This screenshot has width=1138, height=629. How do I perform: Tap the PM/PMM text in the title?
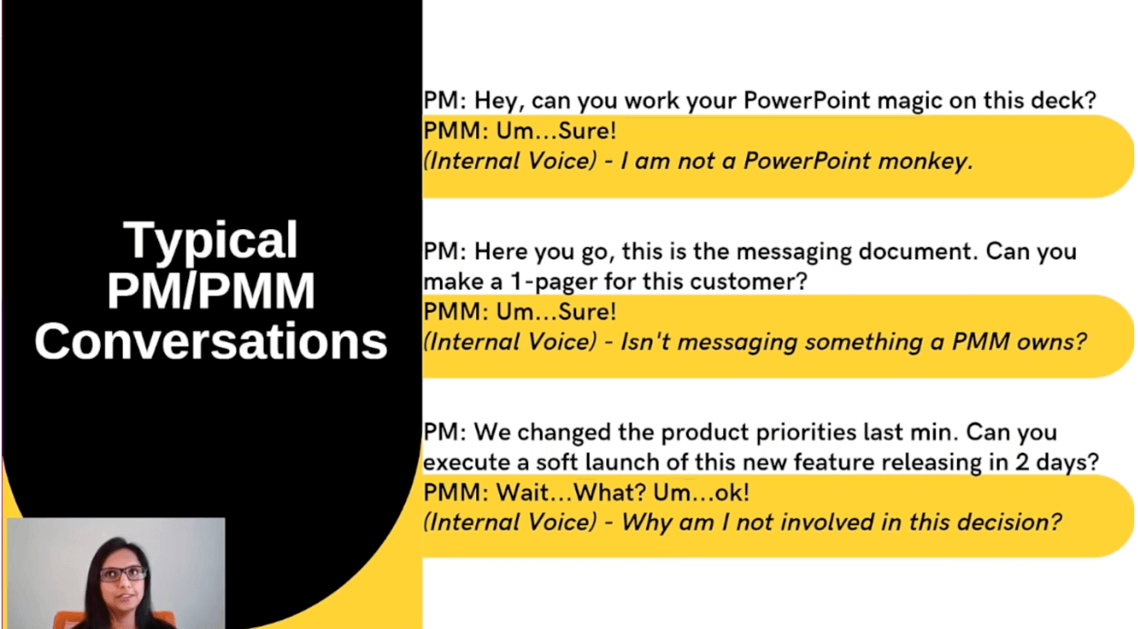point(211,291)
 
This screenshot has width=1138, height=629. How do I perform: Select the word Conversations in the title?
point(211,341)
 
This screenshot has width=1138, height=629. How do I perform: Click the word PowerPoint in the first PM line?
point(807,100)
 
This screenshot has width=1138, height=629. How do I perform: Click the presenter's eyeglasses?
point(124,574)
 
